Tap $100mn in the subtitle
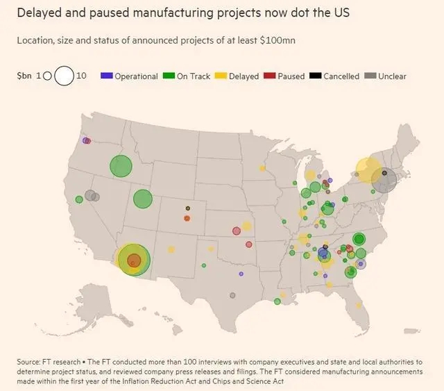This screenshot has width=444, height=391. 277,40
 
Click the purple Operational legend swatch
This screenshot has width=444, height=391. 106,76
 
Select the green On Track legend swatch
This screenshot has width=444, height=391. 169,76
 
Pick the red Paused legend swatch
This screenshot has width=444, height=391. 271,76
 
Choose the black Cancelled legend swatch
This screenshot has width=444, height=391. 314,76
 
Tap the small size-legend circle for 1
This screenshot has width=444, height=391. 47,76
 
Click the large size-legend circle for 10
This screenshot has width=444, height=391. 64,75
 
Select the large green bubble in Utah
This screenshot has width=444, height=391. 142,199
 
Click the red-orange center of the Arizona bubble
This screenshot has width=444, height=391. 134,260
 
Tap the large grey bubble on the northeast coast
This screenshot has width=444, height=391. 384,180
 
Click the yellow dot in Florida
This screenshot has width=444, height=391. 358,304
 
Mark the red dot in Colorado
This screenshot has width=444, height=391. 187,218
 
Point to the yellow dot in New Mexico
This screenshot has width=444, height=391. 171,249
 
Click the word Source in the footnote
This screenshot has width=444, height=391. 29,363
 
